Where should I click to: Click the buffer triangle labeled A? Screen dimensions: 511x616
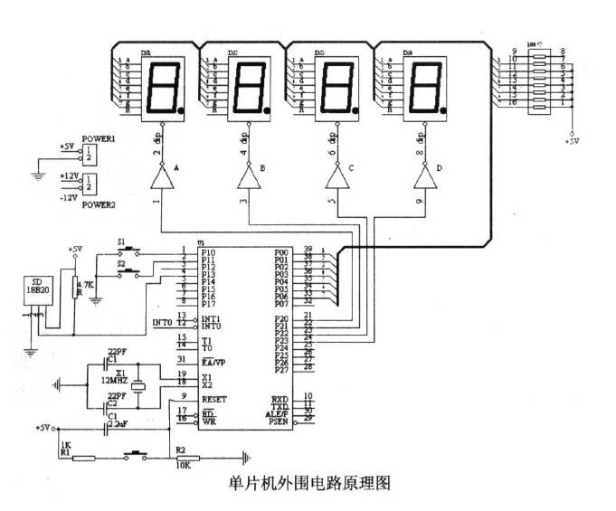click(x=161, y=178)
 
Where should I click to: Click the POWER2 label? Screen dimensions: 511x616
click(x=99, y=204)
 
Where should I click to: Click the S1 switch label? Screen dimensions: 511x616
click(x=122, y=241)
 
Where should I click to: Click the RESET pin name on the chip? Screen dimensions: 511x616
click(x=215, y=398)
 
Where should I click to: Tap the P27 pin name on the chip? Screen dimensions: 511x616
click(x=282, y=369)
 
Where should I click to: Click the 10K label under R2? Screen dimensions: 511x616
click(x=183, y=465)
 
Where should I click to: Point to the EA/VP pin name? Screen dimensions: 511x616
click(x=214, y=361)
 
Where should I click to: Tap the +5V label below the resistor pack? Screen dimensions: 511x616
click(x=573, y=142)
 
